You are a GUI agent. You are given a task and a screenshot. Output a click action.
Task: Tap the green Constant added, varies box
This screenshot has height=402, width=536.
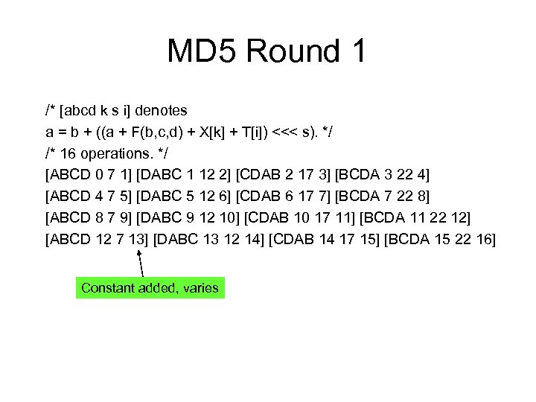click(x=150, y=287)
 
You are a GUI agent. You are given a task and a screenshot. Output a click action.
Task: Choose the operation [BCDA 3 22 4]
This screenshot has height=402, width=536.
click(x=383, y=175)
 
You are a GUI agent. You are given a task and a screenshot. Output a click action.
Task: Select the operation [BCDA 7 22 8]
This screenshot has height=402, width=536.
click(x=383, y=197)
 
